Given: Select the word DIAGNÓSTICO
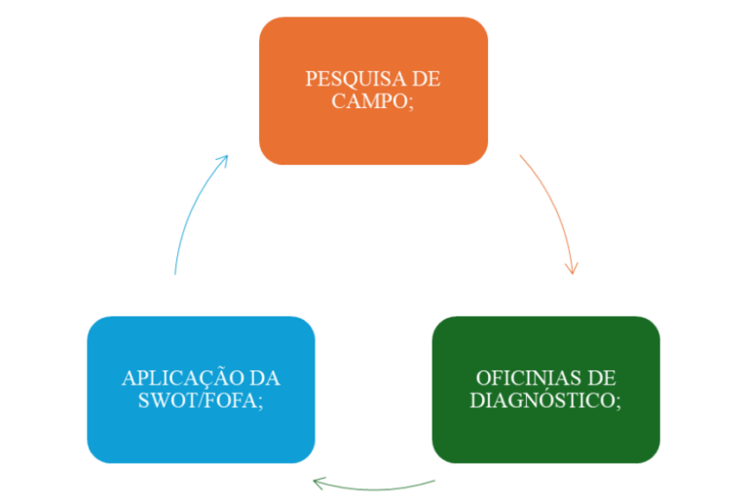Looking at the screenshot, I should [542, 400].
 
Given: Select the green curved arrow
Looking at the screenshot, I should [375, 485].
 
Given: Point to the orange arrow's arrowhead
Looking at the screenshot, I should [573, 267].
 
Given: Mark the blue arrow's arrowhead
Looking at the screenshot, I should [224, 159].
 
